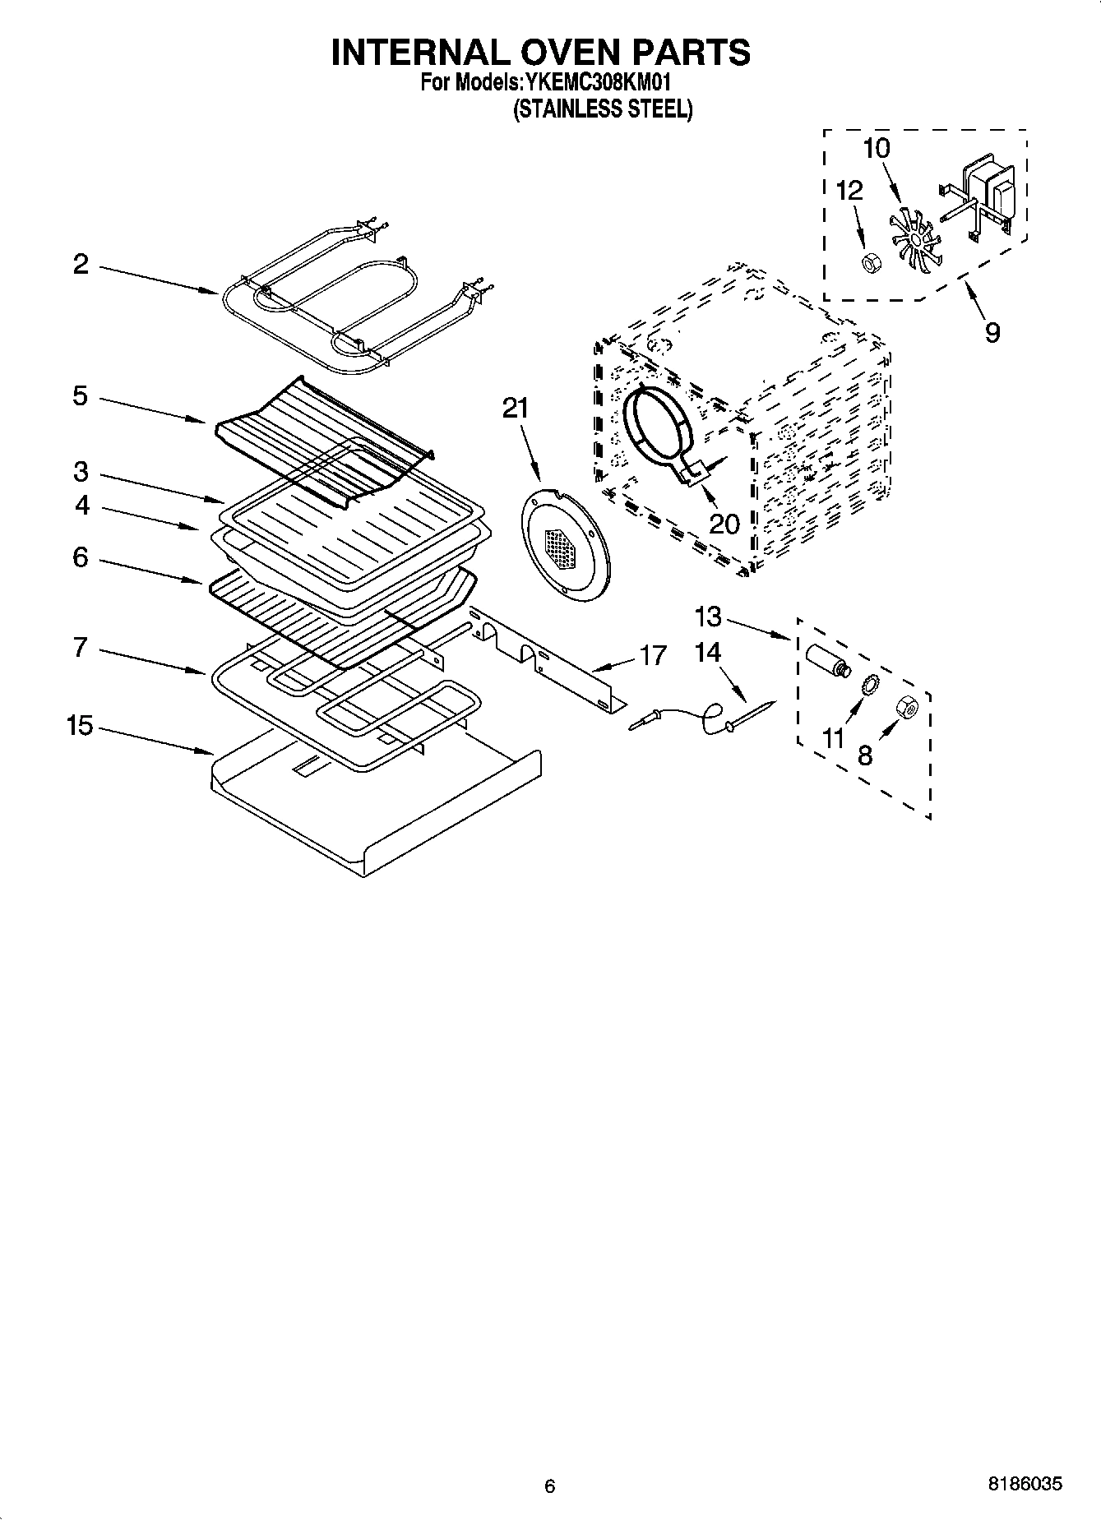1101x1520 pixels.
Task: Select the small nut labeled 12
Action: click(x=867, y=262)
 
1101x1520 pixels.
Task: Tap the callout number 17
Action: click(x=653, y=655)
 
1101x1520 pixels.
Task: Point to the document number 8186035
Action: click(x=1024, y=1485)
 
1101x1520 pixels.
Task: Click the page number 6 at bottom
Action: click(x=550, y=1485)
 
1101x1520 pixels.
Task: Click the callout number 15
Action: click(x=80, y=726)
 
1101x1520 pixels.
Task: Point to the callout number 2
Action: click(x=80, y=264)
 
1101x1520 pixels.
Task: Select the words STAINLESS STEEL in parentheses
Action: click(x=603, y=109)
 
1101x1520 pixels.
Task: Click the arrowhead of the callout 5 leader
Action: click(x=205, y=422)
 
